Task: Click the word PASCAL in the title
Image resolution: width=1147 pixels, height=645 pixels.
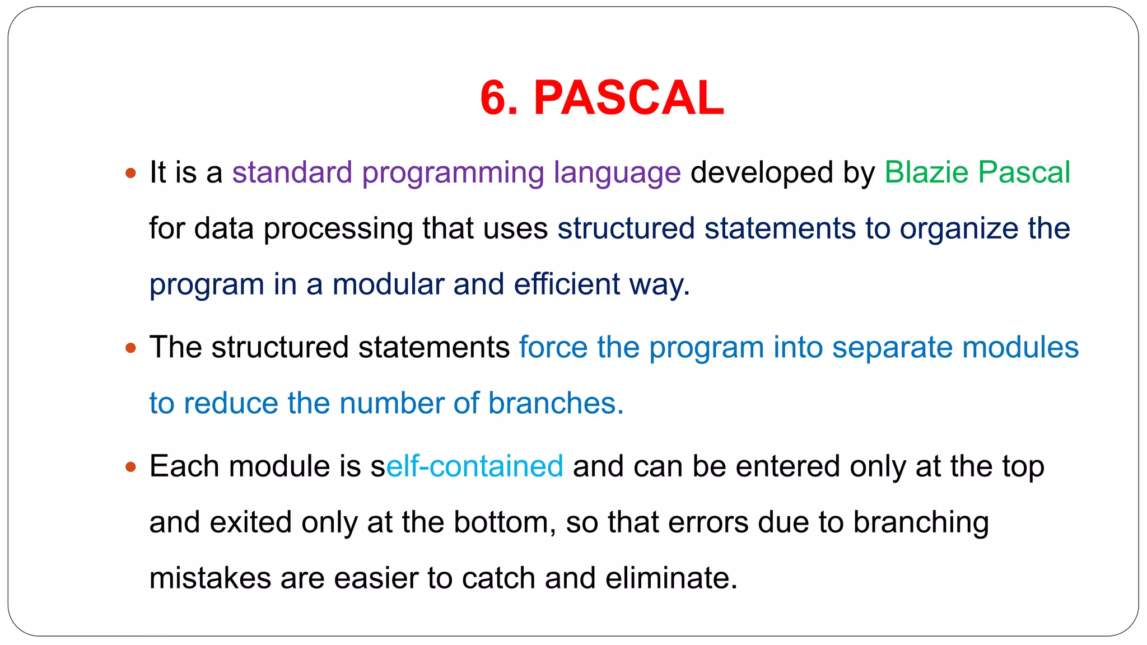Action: (x=628, y=98)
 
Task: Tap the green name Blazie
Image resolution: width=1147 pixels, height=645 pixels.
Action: (x=926, y=172)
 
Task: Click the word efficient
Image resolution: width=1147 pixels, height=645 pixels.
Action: (x=566, y=284)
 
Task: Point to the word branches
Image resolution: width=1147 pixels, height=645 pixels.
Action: (x=556, y=403)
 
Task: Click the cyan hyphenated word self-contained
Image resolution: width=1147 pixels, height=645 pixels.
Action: (x=467, y=466)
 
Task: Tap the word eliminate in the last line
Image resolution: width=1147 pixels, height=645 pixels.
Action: (x=671, y=578)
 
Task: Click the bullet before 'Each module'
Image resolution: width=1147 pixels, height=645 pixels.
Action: (x=131, y=466)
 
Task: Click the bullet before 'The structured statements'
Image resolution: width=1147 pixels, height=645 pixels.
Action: (x=131, y=348)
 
